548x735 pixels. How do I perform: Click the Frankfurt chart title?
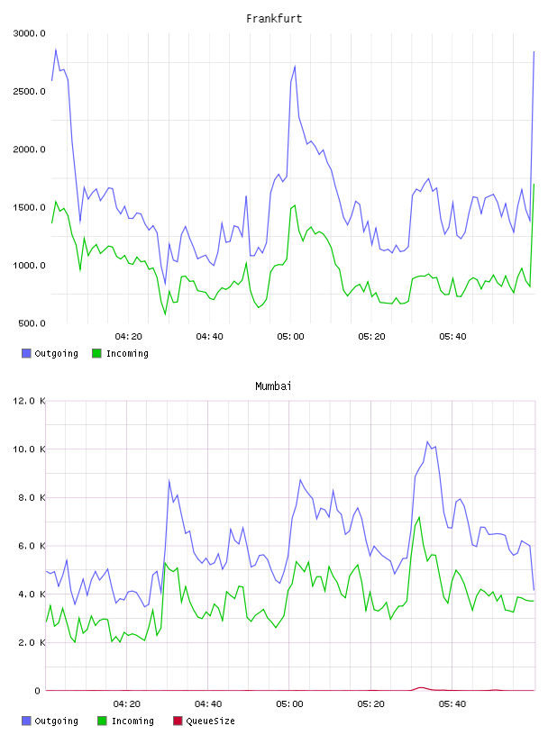point(274,18)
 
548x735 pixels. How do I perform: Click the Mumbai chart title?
point(273,386)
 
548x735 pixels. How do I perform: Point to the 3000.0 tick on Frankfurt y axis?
point(30,33)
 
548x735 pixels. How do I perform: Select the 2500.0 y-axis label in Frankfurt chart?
point(30,91)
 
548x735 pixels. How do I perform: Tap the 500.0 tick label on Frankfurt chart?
point(32,323)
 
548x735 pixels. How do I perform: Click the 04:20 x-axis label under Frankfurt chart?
point(129,337)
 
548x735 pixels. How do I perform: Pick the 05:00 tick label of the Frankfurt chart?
point(290,337)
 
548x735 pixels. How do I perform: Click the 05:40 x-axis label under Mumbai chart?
point(452,704)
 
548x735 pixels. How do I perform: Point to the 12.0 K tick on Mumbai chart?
point(30,401)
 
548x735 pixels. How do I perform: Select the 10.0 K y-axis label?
point(30,449)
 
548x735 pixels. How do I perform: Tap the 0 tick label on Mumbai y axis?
point(38,691)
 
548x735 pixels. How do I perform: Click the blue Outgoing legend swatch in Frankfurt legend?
point(26,353)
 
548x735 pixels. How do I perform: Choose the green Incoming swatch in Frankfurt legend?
point(96,353)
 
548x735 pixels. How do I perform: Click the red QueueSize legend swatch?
point(178,721)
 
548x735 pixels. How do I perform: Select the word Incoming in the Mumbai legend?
point(132,721)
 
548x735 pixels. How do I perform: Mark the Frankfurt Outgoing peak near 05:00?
point(295,66)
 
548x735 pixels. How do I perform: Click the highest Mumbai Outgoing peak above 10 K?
point(427,441)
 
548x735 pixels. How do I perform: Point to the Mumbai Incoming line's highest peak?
point(419,517)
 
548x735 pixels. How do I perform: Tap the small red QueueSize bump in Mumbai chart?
point(421,687)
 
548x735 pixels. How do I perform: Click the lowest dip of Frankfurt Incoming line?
point(165,314)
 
